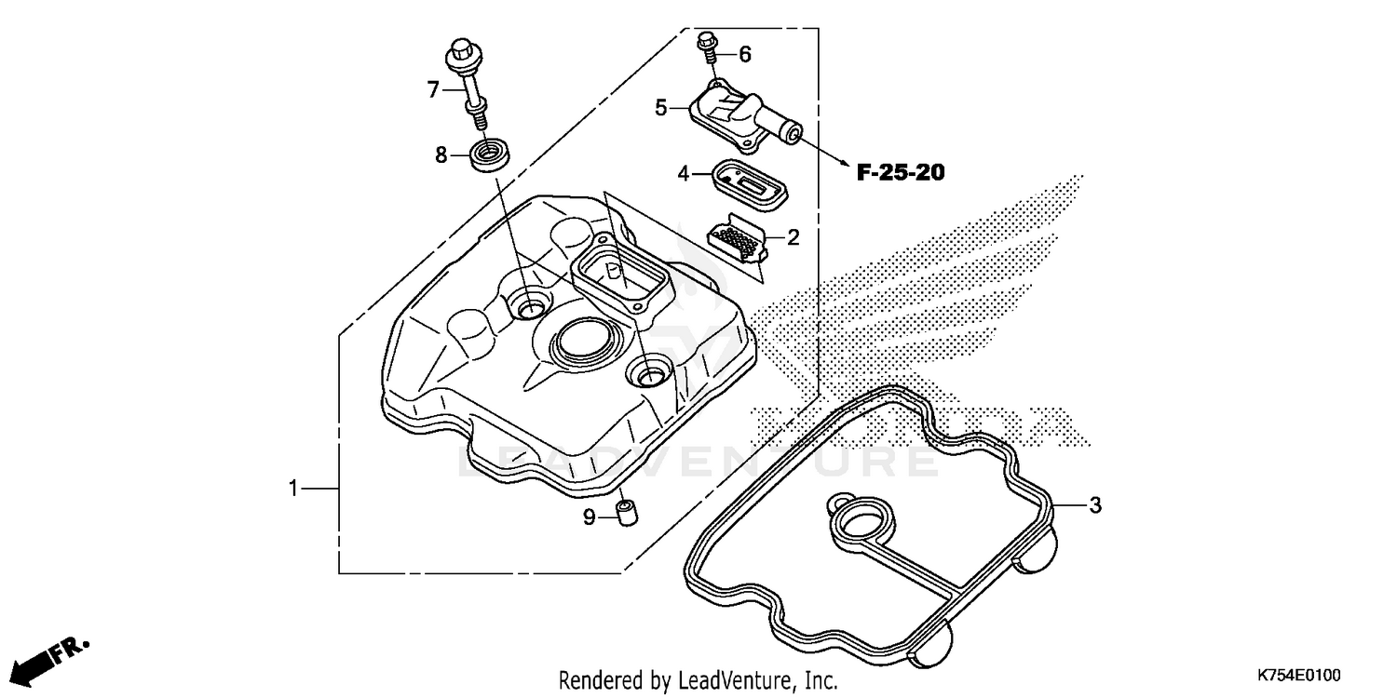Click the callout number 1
[x=293, y=488]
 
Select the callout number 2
[x=793, y=237]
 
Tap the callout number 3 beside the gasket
[x=1095, y=505]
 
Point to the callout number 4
[x=683, y=173]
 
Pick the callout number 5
[x=661, y=108]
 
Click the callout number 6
[x=744, y=55]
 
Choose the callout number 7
[x=432, y=89]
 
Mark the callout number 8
[x=441, y=155]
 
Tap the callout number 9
[x=589, y=517]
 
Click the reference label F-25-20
[x=901, y=172]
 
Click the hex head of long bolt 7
[x=461, y=48]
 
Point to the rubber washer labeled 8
[x=483, y=154]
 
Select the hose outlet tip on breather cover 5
[x=793, y=136]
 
